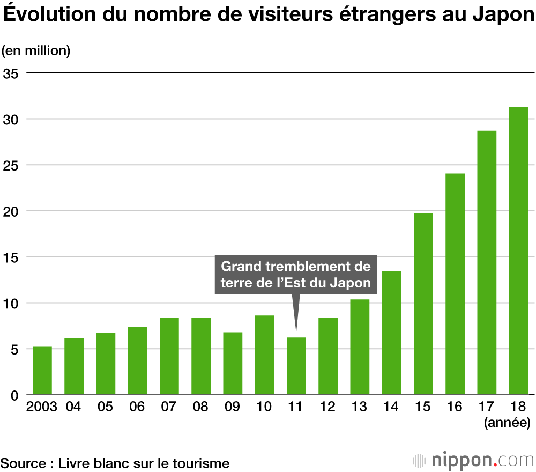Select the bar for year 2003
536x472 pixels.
coord(42,371)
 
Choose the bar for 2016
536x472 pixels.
coord(455,284)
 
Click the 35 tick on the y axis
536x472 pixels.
coord(11,73)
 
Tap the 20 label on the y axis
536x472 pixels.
coord(11,211)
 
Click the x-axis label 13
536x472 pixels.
coord(359,407)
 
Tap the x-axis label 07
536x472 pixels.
coord(169,407)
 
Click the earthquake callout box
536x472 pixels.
coord(296,275)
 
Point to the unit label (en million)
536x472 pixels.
coord(36,51)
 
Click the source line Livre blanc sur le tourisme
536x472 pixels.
coord(115,463)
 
